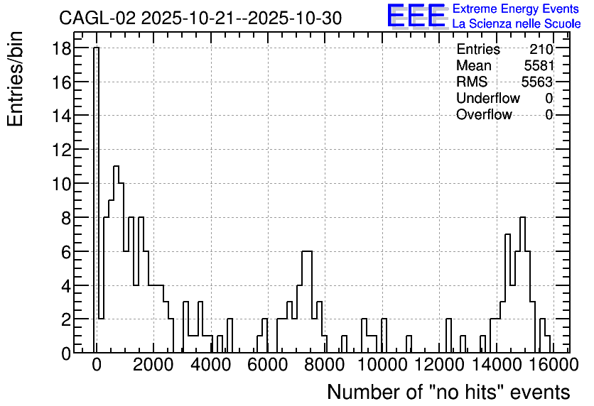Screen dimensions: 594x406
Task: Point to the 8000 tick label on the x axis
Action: click(x=325, y=365)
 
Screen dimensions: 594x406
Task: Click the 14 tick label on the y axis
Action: click(x=61, y=116)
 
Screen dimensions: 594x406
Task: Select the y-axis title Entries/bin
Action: click(x=15, y=79)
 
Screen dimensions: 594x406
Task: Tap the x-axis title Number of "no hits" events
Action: click(x=448, y=392)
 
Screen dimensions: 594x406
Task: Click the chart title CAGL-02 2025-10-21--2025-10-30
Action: click(x=200, y=18)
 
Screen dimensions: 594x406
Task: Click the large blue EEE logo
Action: click(x=416, y=16)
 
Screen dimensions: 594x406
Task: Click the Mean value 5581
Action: click(x=539, y=65)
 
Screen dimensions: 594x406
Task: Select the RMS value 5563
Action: click(x=537, y=82)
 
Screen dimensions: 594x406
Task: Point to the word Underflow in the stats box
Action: click(x=488, y=98)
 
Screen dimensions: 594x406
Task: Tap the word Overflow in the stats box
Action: click(x=484, y=114)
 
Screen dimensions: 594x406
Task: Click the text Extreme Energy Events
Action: click(x=516, y=9)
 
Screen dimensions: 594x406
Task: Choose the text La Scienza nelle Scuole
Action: click(x=517, y=24)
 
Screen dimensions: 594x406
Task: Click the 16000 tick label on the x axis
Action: click(x=553, y=365)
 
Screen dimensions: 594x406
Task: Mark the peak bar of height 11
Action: click(x=116, y=259)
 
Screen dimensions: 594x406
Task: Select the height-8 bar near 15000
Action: click(x=522, y=285)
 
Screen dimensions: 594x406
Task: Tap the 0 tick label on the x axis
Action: click(x=97, y=365)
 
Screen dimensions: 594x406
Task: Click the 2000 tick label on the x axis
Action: click(x=153, y=365)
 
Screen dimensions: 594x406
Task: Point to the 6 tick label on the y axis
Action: click(x=66, y=252)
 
